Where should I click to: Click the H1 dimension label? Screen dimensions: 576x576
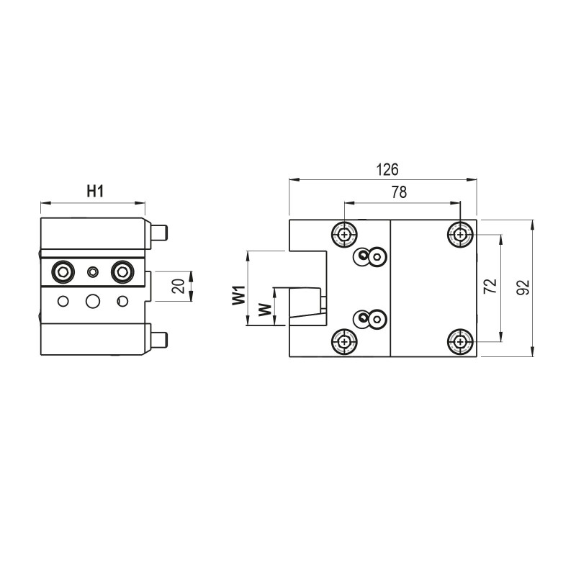96,191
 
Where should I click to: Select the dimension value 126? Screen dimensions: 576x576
387,170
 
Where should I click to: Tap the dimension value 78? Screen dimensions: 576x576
398,192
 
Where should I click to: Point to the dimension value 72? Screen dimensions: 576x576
490,287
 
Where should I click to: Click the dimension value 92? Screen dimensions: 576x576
523,287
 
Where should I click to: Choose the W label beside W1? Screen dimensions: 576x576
265,310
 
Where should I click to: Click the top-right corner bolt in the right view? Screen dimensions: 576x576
459,233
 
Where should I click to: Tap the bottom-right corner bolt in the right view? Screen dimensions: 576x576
459,341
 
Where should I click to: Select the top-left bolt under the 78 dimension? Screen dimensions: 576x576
346,233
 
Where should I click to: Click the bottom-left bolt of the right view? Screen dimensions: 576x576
346,341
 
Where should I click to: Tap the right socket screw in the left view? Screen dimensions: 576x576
122,271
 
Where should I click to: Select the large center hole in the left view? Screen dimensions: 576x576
92,301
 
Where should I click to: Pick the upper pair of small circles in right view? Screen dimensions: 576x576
370,256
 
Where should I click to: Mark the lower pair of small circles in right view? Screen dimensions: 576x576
370,318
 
